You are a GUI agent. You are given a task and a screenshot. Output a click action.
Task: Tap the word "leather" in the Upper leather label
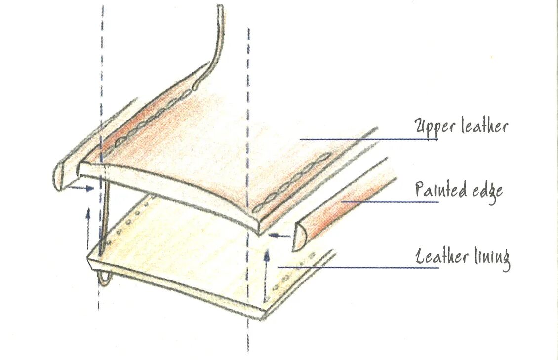pyautogui.click(x=484, y=127)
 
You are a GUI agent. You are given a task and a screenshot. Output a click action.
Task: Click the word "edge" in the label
pyautogui.click(x=487, y=190)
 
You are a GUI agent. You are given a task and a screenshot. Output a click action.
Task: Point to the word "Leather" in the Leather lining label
pyautogui.click(x=441, y=256)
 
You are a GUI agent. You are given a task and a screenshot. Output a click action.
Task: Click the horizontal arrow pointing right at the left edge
pyautogui.click(x=81, y=188)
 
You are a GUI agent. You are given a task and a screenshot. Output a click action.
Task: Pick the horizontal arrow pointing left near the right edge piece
pyautogui.click(x=281, y=236)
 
